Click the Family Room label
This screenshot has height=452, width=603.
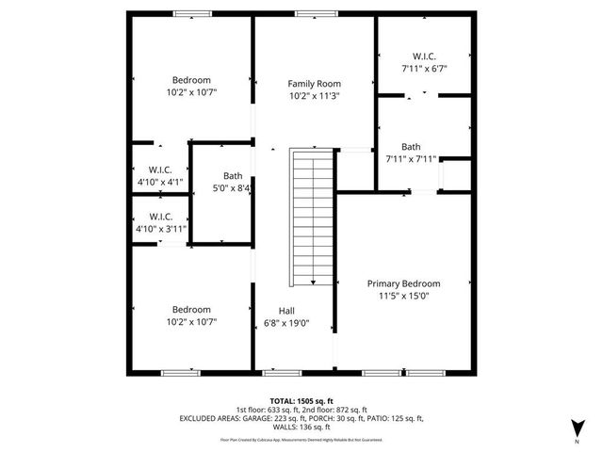tap(314, 84)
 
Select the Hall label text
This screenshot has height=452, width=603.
tap(287, 311)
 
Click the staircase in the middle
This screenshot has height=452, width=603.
tap(311, 217)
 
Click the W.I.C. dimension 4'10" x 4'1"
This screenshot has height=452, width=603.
tap(160, 182)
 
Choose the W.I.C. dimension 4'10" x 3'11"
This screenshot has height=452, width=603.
tap(160, 228)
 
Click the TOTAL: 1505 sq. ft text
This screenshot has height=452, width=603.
tap(301, 399)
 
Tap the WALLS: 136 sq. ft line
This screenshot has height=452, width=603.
tap(301, 428)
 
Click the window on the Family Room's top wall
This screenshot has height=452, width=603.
tap(309, 14)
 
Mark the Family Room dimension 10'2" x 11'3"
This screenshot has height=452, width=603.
tap(314, 95)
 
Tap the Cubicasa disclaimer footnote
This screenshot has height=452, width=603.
tap(301, 439)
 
